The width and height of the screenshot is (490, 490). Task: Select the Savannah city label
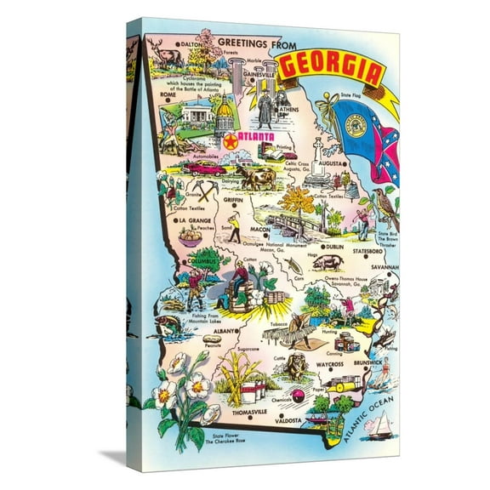coord(384,266)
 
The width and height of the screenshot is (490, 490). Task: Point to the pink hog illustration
coord(328,264)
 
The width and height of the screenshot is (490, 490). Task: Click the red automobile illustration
coord(207,168)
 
